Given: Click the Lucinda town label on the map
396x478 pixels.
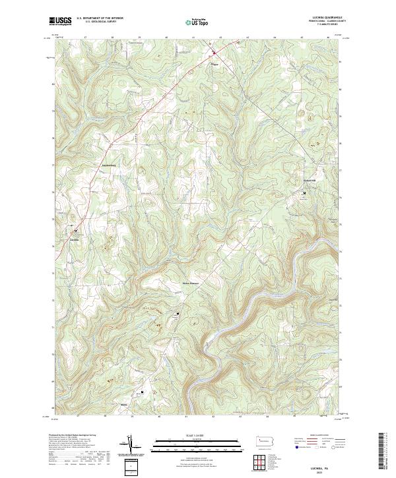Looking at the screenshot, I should pos(75,240).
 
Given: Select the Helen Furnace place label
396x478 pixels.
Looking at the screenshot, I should pos(191,284).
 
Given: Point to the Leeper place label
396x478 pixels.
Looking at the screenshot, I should pos(213,64).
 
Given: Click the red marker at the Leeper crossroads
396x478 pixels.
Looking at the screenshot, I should pos(214,53).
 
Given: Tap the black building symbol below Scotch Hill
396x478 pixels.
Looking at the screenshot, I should pos(304,193).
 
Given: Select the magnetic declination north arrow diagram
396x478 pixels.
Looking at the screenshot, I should pos(130,446).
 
